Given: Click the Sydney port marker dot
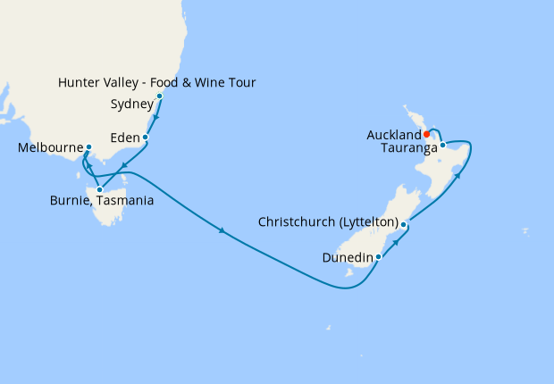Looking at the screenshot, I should (160, 96).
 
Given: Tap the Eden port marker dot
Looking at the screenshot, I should (145, 138).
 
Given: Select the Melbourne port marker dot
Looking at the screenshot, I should (88, 147).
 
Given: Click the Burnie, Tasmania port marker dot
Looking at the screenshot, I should (99, 189).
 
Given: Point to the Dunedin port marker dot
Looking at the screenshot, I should (379, 256).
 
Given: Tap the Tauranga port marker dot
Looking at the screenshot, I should (442, 145).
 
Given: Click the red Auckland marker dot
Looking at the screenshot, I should (426, 135).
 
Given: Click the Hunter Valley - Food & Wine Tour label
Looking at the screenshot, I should (156, 83).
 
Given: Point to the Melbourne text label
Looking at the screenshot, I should (50, 148).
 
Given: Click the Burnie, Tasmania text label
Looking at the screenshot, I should (102, 201).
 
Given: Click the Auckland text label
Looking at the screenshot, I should (394, 135).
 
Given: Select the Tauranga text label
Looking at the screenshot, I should (401, 148).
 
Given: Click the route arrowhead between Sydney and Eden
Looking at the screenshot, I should (155, 115).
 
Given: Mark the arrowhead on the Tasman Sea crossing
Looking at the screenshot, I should (221, 233).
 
